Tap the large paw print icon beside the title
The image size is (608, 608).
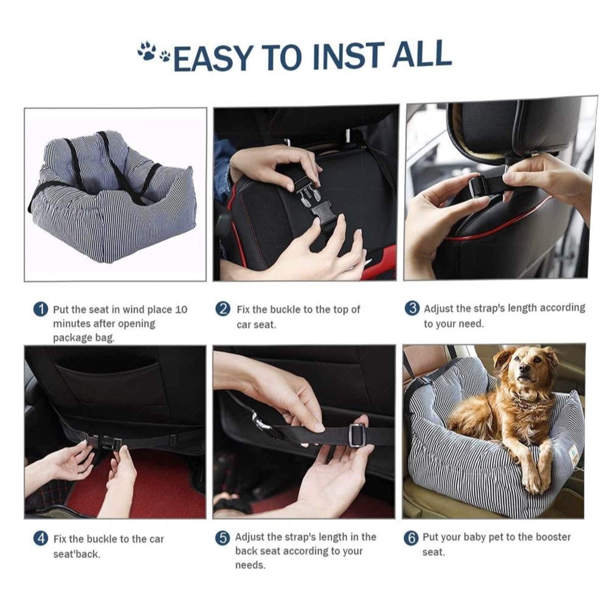tap(147, 51)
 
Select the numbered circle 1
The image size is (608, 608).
tap(41, 309)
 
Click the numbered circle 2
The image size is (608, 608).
tap(223, 309)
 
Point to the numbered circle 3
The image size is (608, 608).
tap(412, 308)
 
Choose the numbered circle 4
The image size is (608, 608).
tap(41, 539)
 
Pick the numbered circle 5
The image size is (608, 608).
tap(223, 538)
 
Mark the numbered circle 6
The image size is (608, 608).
tap(412, 538)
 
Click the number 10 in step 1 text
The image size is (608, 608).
tap(181, 310)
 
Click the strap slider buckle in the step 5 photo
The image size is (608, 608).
tap(358, 435)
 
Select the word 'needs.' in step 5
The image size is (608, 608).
tap(250, 565)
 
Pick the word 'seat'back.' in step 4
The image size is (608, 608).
tap(77, 554)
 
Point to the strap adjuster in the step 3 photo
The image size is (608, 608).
tap(477, 186)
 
